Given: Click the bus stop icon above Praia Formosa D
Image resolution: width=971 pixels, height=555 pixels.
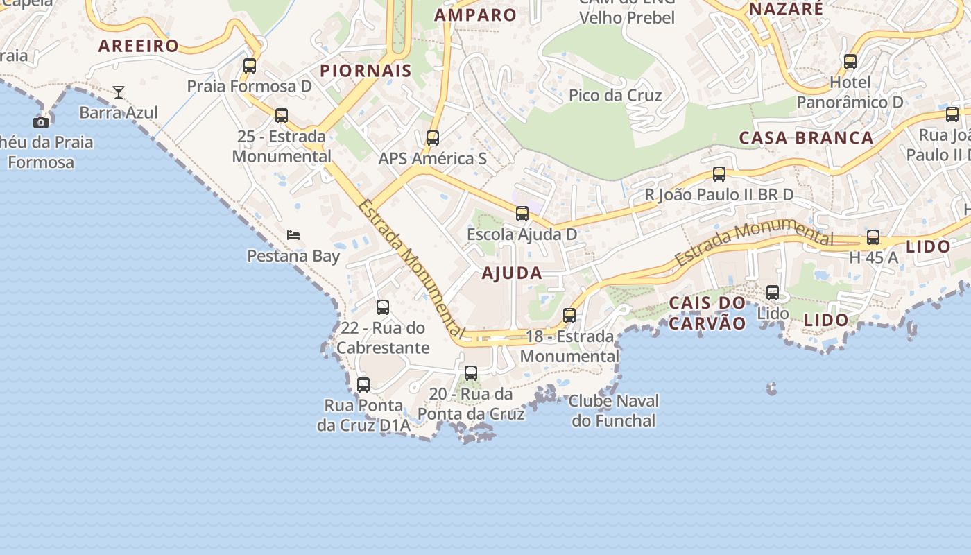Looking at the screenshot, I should [250, 66].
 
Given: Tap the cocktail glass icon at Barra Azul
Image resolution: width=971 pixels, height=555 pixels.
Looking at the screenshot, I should [119, 92].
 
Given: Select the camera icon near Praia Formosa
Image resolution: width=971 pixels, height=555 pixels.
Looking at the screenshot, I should [41, 122].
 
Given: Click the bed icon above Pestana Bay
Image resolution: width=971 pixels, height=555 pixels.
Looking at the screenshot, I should [293, 235].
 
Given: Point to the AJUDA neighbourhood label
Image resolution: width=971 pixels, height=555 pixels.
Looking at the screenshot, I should [512, 273].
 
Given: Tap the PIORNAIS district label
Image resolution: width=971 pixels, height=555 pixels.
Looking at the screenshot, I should [366, 71].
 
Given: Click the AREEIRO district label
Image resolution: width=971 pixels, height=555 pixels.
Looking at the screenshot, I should [139, 46].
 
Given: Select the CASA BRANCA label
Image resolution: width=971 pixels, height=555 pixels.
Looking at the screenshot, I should [806, 138].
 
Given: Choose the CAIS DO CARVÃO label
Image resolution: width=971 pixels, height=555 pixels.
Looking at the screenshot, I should [707, 313].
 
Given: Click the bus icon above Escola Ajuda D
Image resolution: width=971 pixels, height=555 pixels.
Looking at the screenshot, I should [522, 214].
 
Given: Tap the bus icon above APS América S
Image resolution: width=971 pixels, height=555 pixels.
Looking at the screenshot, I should [433, 138].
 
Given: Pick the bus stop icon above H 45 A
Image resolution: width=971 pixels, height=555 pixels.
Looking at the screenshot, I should [873, 237].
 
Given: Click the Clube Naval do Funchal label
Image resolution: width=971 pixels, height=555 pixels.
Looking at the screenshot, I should [614, 411].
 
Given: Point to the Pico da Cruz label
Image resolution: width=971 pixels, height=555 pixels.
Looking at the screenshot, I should [615, 95].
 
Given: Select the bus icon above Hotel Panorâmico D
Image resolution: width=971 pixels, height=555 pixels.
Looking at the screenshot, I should [850, 62].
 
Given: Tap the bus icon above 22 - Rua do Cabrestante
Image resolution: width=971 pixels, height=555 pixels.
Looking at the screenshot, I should [383, 307].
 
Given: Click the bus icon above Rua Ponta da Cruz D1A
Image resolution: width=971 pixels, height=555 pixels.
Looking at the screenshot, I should [363, 384].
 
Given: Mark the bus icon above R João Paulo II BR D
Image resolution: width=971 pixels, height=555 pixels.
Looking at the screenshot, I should [719, 174].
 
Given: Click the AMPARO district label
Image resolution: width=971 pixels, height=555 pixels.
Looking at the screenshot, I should [476, 15].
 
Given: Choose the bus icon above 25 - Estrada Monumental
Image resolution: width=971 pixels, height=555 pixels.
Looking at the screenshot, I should [282, 116].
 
